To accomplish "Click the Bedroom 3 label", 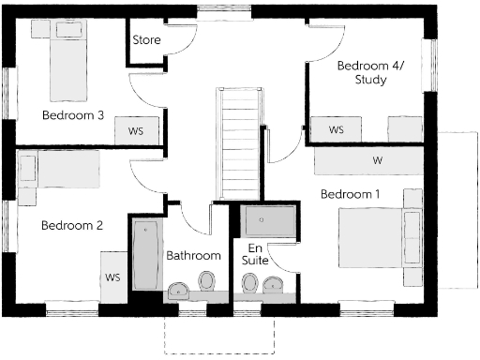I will (72, 115).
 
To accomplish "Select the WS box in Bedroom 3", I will (135, 131).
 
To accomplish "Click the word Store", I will (147, 40).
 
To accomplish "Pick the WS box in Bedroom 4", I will (337, 129).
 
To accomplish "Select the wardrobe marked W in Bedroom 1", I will (377, 160).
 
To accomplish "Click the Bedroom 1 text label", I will (350, 195).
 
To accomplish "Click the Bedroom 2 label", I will (71, 225).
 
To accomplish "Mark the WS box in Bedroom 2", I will (113, 277).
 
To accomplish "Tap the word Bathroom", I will (193, 255).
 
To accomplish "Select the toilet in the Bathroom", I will (206, 281).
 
